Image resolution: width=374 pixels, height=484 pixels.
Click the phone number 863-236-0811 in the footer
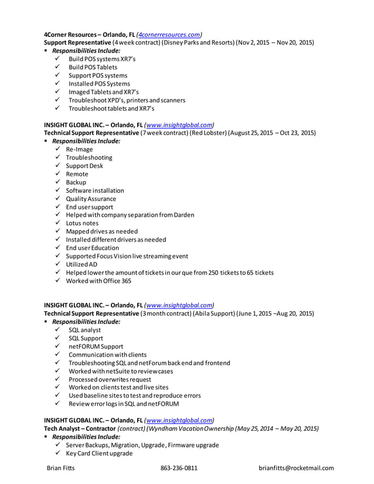tap(179, 468)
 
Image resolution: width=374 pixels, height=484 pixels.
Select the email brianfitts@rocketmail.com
tap(296, 468)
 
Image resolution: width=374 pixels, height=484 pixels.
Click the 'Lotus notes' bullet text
tap(81, 223)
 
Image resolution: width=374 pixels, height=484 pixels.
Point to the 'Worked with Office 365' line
tap(98, 281)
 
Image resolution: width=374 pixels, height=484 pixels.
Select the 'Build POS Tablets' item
tap(93, 67)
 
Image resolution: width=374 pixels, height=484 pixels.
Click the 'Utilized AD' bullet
tap(81, 264)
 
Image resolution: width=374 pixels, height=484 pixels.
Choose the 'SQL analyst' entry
tap(84, 330)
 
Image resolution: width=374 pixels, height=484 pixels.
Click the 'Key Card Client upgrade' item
tap(99, 454)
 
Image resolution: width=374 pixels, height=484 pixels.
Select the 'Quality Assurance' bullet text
tap(91, 199)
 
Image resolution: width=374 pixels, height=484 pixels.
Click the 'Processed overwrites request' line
tap(109, 379)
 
